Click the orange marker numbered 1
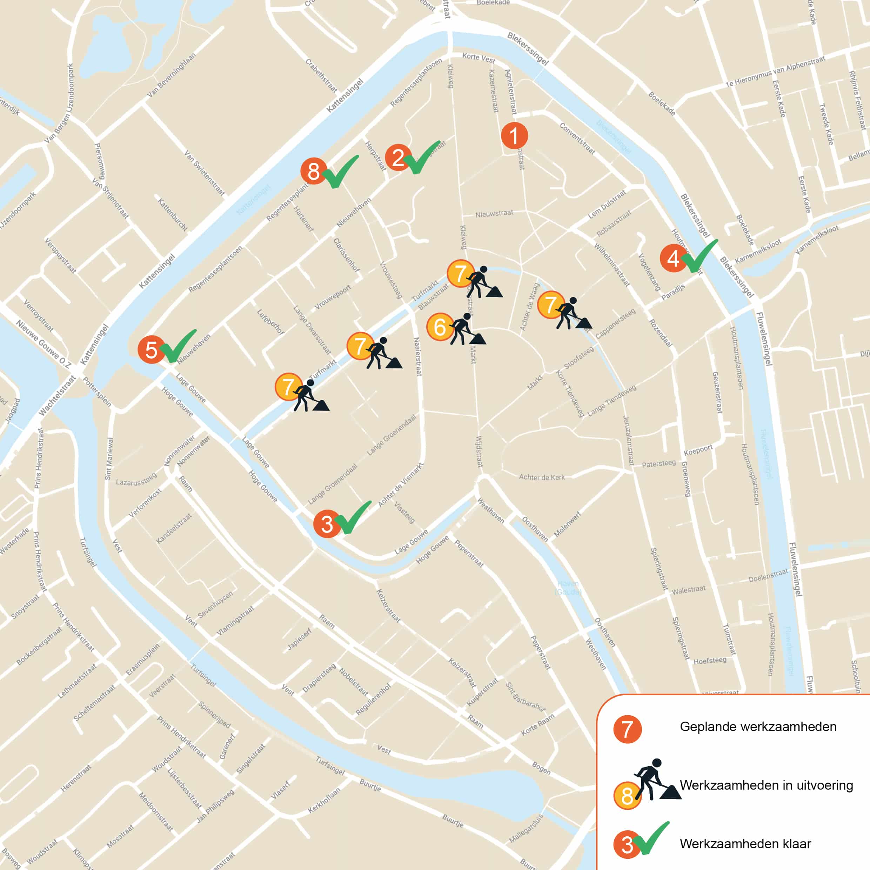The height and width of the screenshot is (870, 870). [x=514, y=135]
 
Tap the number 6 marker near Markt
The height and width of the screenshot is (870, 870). [x=440, y=327]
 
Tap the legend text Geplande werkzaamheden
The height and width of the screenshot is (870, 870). [x=758, y=727]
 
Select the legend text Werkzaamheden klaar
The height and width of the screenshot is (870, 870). [x=745, y=843]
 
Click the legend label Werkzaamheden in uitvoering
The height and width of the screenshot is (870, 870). [x=766, y=785]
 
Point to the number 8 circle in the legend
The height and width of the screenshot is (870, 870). [x=627, y=796]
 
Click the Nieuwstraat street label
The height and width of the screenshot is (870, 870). [x=494, y=213]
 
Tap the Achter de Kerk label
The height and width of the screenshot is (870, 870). [x=542, y=477]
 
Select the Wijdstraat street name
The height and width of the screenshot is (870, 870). [x=479, y=451]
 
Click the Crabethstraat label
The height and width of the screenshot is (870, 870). [x=321, y=75]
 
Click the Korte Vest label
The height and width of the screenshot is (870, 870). [x=479, y=58]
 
